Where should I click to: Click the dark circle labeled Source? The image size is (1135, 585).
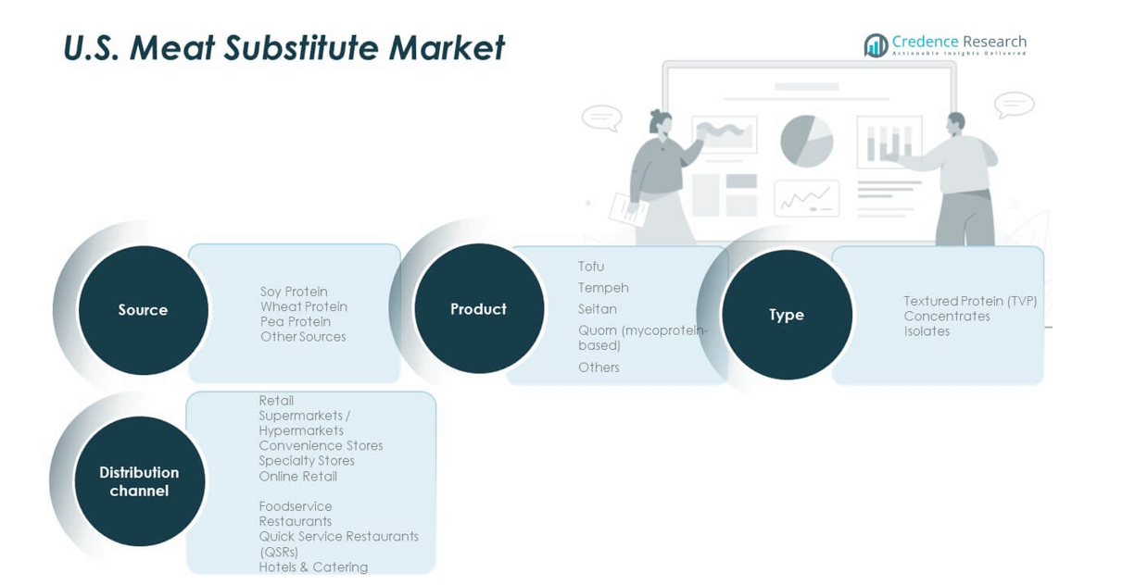point(144,310)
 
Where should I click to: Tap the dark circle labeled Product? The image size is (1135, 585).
point(479,308)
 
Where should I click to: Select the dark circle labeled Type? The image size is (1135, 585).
point(787,315)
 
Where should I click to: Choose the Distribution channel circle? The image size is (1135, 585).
point(139,481)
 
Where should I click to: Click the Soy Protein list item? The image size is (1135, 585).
point(294,292)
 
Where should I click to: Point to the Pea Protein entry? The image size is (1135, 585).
point(296,322)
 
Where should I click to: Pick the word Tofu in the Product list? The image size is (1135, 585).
point(591,267)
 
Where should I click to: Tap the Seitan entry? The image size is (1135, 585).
point(598,308)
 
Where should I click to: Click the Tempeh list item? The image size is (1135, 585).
point(603,288)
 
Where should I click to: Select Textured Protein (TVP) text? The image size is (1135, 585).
point(970,301)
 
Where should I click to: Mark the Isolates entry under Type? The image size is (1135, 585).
point(927,331)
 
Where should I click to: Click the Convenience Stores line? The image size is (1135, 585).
point(321,446)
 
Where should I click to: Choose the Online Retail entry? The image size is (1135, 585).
point(298,476)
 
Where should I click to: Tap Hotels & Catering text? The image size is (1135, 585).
point(314,567)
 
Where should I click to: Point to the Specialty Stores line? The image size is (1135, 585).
point(307,461)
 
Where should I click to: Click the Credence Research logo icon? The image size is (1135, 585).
point(876,45)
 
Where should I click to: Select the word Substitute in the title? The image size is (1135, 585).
point(301,47)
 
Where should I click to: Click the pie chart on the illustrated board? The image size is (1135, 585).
point(807,141)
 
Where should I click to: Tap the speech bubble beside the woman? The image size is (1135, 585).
point(602,118)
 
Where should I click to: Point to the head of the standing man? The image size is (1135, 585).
point(955,122)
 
